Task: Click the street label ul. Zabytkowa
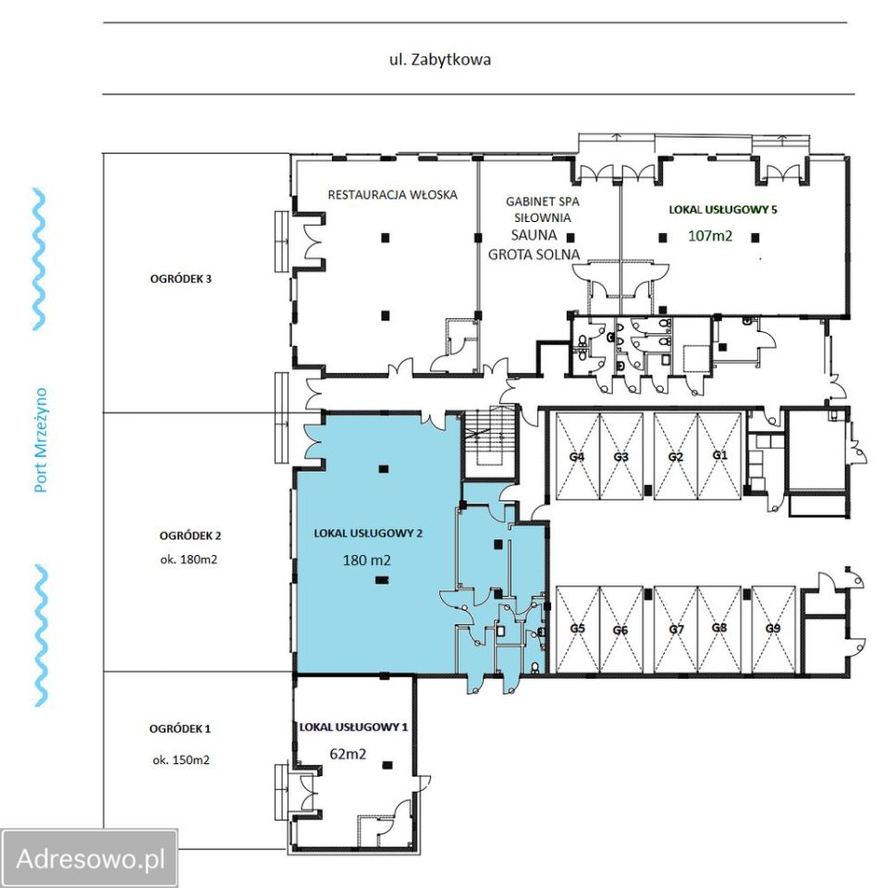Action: pyautogui.click(x=439, y=59)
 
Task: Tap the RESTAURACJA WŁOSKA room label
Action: pyautogui.click(x=392, y=195)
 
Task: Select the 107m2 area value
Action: pyautogui.click(x=710, y=236)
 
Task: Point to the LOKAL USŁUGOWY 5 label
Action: pyautogui.click(x=723, y=210)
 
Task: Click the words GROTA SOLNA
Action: pyautogui.click(x=534, y=255)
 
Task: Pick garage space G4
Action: pyautogui.click(x=576, y=456)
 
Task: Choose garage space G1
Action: pyautogui.click(x=719, y=455)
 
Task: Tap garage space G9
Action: pyautogui.click(x=773, y=628)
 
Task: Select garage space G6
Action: pyautogui.click(x=620, y=630)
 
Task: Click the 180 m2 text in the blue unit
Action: pyautogui.click(x=366, y=561)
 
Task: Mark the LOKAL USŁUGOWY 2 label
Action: pyautogui.click(x=368, y=534)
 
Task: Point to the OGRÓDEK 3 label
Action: pyautogui.click(x=180, y=278)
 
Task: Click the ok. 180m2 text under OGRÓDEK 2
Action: pyautogui.click(x=189, y=560)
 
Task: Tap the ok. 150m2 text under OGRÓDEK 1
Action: pyautogui.click(x=180, y=760)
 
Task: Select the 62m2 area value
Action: pyautogui.click(x=348, y=755)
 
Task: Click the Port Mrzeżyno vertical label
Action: pyautogui.click(x=41, y=440)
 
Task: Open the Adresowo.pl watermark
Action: pyautogui.click(x=91, y=859)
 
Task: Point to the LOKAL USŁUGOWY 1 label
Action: pyautogui.click(x=353, y=727)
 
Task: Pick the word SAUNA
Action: pyautogui.click(x=534, y=235)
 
